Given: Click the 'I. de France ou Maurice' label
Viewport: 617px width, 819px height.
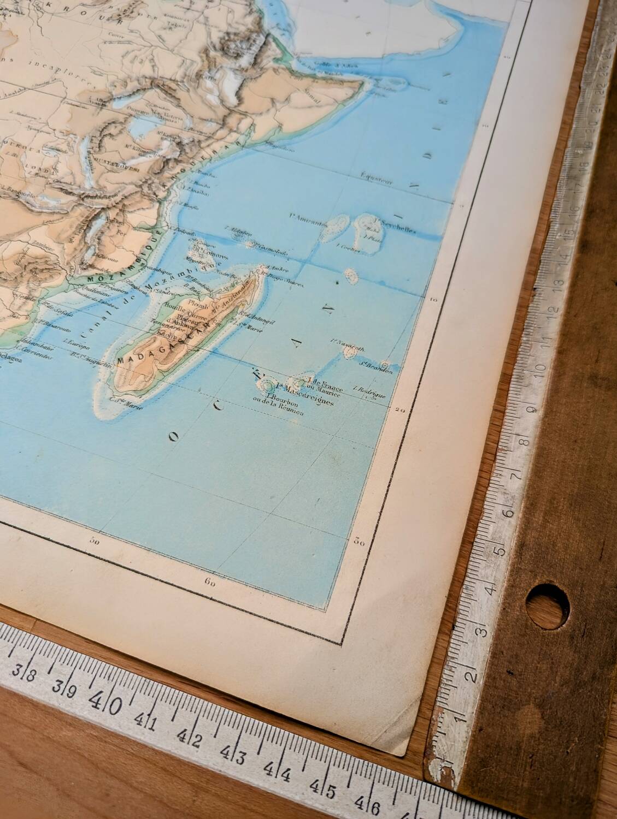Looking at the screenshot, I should [x=326, y=384].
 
